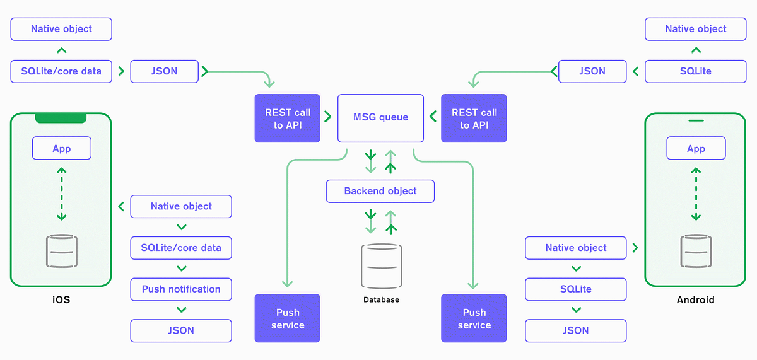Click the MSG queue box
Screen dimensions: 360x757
(x=380, y=117)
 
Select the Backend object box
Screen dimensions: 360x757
(x=380, y=191)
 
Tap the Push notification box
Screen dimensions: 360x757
(x=181, y=289)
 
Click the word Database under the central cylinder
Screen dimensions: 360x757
(x=381, y=299)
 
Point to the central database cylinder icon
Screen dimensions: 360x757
(x=381, y=266)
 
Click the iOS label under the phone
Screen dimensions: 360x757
(x=61, y=300)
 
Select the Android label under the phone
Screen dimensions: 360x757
(x=695, y=300)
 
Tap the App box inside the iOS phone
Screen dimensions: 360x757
(x=62, y=149)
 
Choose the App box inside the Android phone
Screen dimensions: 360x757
(x=696, y=149)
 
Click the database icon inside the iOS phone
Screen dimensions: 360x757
(x=62, y=252)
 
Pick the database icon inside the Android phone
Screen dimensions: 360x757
(x=696, y=252)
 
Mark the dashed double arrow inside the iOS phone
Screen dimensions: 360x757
(x=62, y=194)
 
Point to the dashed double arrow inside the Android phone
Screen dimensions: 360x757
(x=696, y=194)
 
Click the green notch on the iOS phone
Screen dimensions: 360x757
(x=61, y=119)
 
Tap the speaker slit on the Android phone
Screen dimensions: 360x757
(x=695, y=120)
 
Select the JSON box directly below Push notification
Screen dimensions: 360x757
(x=181, y=330)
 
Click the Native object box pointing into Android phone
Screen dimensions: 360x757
(x=576, y=248)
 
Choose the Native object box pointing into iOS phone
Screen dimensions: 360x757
(x=181, y=206)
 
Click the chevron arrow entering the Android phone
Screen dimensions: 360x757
(x=635, y=248)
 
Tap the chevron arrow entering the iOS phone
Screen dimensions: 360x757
(x=120, y=206)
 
